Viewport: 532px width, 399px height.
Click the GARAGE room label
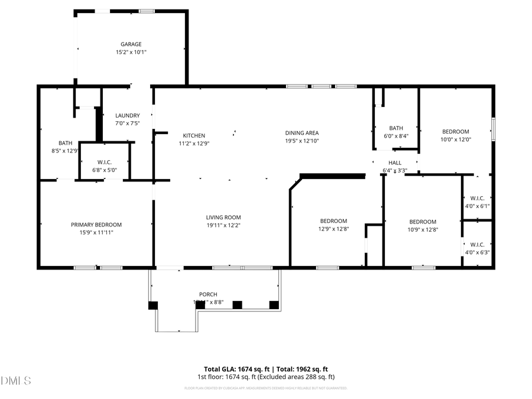pos(131,44)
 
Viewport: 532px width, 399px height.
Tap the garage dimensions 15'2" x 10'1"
pos(131,52)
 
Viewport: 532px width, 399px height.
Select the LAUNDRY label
pos(127,116)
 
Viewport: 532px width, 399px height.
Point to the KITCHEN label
pos(194,135)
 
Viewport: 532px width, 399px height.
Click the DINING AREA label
pos(301,133)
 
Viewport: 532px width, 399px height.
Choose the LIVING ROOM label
pos(223,218)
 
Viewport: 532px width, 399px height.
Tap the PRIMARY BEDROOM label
pos(96,225)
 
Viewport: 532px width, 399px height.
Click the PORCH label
pos(208,294)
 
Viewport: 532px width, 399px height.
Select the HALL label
pos(395,163)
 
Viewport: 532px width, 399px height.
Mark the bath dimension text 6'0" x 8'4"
pos(396,136)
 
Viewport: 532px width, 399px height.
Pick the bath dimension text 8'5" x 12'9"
pos(65,151)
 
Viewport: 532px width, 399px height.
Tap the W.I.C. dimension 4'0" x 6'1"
pos(478,206)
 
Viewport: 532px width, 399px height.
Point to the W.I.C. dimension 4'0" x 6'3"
pos(478,252)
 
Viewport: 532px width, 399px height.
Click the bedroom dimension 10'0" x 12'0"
pos(456,140)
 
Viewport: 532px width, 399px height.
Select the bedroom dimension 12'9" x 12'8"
pos(333,229)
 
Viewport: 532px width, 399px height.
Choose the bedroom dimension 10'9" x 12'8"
pos(423,230)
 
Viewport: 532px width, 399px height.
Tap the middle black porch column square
pos(237,305)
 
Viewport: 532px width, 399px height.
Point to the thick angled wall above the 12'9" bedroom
pos(332,176)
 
